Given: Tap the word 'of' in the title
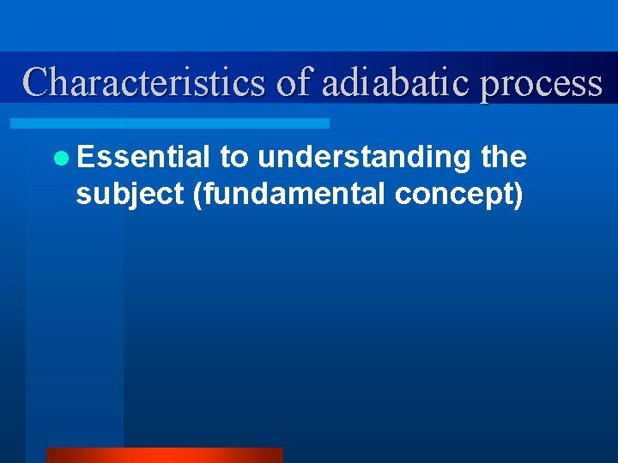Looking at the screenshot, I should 294,83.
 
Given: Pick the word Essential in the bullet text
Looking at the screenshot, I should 142,157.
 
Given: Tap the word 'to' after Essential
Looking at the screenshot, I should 233,158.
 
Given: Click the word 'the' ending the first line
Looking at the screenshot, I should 504,157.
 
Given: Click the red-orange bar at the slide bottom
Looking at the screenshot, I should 164,455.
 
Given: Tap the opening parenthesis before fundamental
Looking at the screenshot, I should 198,195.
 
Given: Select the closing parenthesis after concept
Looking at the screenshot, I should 518,195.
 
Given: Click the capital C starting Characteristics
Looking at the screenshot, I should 37,83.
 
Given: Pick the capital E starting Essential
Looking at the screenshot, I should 85,157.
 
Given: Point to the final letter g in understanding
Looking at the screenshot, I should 462,160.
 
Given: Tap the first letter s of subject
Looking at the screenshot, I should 82,195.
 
